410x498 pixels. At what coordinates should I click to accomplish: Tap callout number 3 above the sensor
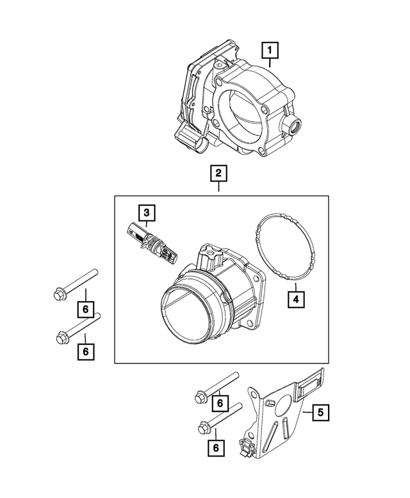coord(146,213)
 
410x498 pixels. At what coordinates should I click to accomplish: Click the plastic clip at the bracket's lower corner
coord(246,447)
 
